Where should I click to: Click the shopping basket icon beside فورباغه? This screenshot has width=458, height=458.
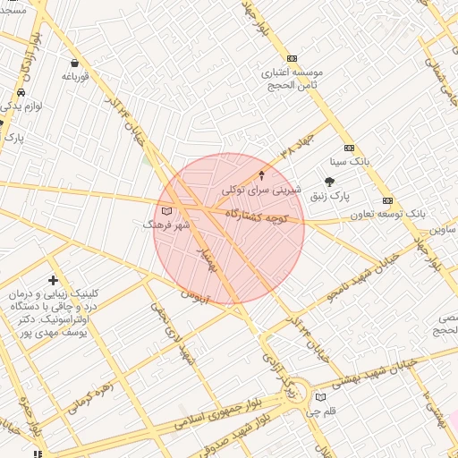click(73, 64)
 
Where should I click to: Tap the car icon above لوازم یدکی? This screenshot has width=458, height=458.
click(21, 92)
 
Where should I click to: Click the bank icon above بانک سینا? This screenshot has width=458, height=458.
click(349, 148)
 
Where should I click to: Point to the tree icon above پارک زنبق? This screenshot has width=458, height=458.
click(329, 182)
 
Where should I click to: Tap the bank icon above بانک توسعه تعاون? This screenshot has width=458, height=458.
click(387, 200)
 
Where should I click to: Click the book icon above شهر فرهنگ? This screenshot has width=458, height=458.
click(165, 212)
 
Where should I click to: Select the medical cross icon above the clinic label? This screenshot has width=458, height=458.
click(53, 281)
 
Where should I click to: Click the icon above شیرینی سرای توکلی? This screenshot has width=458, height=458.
click(261, 174)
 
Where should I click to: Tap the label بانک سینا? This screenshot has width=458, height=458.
click(349, 162)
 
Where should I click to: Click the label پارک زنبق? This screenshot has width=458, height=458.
click(330, 195)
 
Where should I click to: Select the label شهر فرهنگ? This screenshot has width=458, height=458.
click(167, 225)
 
